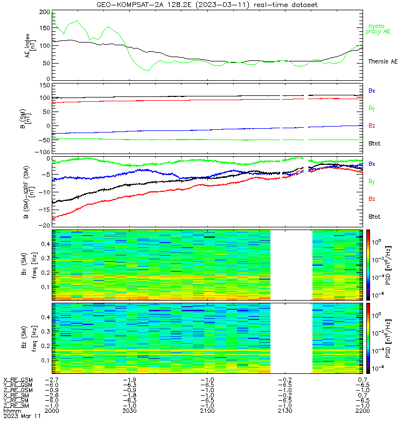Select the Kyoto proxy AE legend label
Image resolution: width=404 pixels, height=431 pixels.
(x=378, y=29)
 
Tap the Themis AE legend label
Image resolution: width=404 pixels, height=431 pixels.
(x=383, y=61)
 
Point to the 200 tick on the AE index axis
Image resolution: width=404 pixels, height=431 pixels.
(x=45, y=12)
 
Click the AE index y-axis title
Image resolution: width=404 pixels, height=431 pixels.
(x=30, y=46)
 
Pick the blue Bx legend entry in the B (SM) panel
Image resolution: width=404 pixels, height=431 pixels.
(x=372, y=91)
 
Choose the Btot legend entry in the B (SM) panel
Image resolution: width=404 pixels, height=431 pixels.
(x=374, y=143)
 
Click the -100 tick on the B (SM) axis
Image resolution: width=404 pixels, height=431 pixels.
(x=43, y=152)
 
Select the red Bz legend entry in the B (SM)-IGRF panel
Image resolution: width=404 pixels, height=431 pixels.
(x=372, y=199)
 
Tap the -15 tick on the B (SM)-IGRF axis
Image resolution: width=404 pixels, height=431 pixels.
(x=44, y=210)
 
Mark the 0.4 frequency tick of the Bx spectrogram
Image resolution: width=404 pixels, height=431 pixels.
(x=46, y=244)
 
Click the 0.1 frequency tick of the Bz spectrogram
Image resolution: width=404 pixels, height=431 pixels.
(x=46, y=360)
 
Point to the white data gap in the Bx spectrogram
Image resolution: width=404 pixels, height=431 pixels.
(x=291, y=265)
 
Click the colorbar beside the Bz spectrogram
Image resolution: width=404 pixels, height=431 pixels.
(x=368, y=338)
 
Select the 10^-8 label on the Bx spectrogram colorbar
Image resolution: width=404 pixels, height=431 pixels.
(x=377, y=295)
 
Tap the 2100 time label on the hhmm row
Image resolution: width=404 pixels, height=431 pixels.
(x=207, y=411)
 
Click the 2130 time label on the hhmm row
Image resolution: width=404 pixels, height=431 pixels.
(x=285, y=411)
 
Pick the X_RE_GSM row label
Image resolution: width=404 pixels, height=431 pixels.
(x=18, y=380)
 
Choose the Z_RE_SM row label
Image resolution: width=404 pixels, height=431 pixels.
(x=16, y=406)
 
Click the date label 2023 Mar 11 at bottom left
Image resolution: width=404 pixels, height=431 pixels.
(x=22, y=416)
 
